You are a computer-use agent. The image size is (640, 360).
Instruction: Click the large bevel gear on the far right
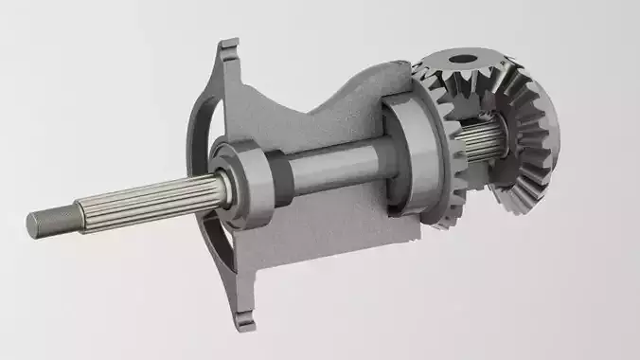535,142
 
